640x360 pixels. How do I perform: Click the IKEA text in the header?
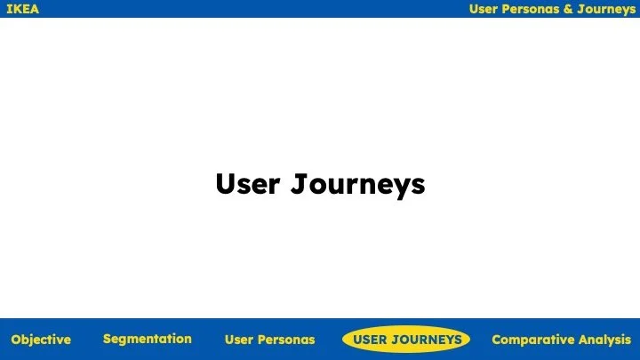coord(23,9)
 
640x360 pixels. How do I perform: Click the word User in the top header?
coord(484,9)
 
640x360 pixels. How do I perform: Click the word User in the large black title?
coord(249,185)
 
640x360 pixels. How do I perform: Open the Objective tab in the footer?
coord(41,340)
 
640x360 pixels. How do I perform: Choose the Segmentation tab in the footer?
coord(148,339)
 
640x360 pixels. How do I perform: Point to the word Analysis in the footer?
coord(604,340)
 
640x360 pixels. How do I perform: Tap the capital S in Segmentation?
coord(107,339)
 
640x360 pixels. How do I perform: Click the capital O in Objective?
coord(16,340)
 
